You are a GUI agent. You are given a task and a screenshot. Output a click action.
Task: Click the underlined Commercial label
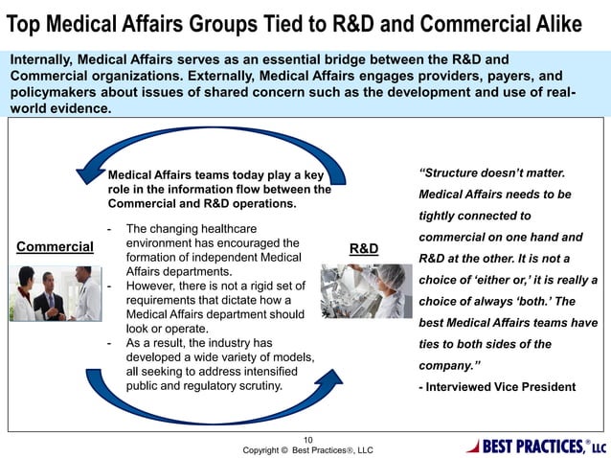[x=55, y=246]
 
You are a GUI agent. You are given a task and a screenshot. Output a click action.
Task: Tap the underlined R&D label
[x=363, y=248]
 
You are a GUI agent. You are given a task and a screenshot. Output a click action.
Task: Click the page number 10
[x=307, y=435]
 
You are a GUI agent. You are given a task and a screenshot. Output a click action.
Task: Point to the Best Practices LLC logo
[x=535, y=446]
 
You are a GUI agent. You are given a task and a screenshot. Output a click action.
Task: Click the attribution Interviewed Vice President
[x=498, y=387]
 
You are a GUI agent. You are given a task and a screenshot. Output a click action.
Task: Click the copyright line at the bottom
[x=307, y=449]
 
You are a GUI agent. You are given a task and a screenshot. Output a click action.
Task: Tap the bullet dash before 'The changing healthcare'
[x=112, y=230]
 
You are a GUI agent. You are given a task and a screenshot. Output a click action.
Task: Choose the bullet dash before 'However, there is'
[x=112, y=286]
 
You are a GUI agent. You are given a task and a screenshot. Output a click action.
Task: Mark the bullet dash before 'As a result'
[x=112, y=343]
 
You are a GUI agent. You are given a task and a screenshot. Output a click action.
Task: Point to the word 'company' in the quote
[x=450, y=365]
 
